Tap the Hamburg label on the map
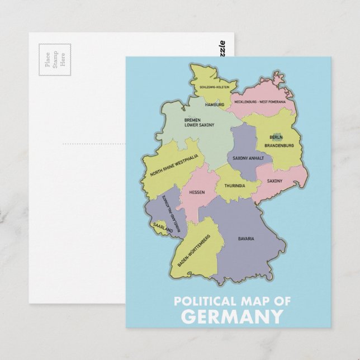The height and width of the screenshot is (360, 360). point(215,105)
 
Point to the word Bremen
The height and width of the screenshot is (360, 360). point(192,120)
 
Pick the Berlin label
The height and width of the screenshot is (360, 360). point(276,137)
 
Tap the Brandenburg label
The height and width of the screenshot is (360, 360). point(279,145)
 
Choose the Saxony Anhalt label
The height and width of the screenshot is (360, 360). point(248,158)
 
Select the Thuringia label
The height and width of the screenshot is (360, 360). point(235,186)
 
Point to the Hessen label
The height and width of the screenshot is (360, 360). point(197,192)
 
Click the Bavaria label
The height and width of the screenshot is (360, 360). point(246,239)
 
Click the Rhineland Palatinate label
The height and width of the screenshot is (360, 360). point(169,213)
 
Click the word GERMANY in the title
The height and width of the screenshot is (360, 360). point(233,317)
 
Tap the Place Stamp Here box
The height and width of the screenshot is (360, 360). point(55,59)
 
